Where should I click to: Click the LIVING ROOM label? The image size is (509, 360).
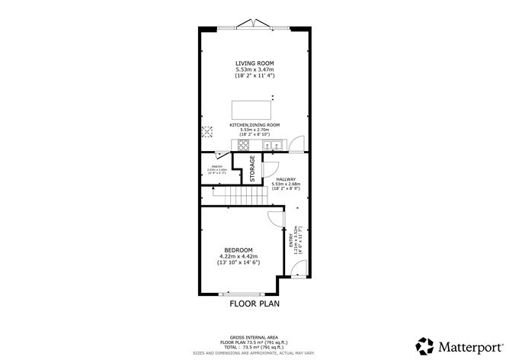point(254,63)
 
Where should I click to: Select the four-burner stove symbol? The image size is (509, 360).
point(245,145)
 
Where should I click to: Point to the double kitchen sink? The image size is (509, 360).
point(272,145)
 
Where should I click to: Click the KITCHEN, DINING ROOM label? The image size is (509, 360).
point(254,124)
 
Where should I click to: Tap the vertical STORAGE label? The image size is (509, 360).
point(253,169)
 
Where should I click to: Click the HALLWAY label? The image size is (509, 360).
point(287,179)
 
